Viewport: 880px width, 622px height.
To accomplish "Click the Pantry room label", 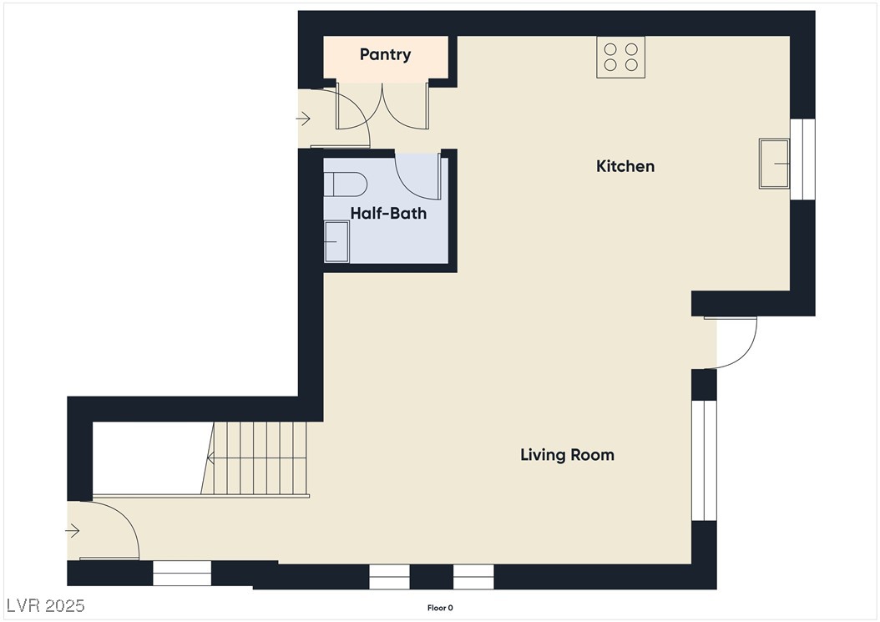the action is pyautogui.click(x=385, y=54).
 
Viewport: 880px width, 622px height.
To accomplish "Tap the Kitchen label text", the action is pyautogui.click(x=625, y=166).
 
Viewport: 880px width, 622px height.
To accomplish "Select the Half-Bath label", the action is pyautogui.click(x=388, y=214).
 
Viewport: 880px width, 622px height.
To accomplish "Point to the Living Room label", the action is pyautogui.click(x=568, y=455).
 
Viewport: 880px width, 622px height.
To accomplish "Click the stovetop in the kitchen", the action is pyautogui.click(x=620, y=58).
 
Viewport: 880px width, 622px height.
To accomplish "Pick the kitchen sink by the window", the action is pyautogui.click(x=775, y=164).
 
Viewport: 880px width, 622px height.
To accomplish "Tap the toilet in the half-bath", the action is pyautogui.click(x=345, y=185).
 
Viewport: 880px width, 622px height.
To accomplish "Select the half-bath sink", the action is pyautogui.click(x=336, y=241).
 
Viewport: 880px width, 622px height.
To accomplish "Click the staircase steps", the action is pyautogui.click(x=255, y=458).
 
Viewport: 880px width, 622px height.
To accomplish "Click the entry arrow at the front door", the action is pyautogui.click(x=73, y=530).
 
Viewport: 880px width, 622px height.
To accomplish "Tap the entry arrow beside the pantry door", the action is pyautogui.click(x=303, y=119).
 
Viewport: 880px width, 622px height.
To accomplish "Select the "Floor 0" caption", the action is pyautogui.click(x=440, y=608).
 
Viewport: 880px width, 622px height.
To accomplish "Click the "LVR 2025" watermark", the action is pyautogui.click(x=46, y=605).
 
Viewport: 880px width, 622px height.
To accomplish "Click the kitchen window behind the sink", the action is pyautogui.click(x=802, y=159).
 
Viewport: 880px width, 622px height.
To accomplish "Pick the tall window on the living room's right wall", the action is pyautogui.click(x=704, y=460).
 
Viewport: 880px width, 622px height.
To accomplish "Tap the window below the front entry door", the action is pyautogui.click(x=182, y=574).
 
